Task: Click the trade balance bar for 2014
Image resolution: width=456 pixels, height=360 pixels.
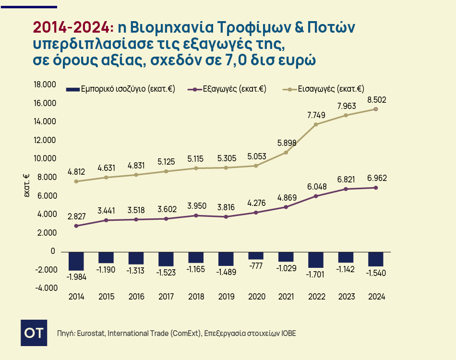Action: pyautogui.click(x=76, y=261)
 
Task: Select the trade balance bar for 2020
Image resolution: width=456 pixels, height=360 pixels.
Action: pyautogui.click(x=256, y=255)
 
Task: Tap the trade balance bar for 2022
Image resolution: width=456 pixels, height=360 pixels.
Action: pyautogui.click(x=316, y=260)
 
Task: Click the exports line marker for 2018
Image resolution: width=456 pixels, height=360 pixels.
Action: pyautogui.click(x=196, y=216)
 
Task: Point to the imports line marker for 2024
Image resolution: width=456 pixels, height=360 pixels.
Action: pyautogui.click(x=376, y=109)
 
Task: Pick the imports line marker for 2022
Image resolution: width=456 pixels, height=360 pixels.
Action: pyautogui.click(x=316, y=124)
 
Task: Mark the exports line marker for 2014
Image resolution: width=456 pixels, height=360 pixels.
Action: pyautogui.click(x=76, y=226)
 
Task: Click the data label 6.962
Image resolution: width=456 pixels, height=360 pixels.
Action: pyautogui.click(x=376, y=178)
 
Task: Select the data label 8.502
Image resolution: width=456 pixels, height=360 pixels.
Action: pyautogui.click(x=376, y=100)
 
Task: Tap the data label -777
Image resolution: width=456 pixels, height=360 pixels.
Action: pyautogui.click(x=256, y=267)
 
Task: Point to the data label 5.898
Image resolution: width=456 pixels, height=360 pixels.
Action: pyautogui.click(x=286, y=143)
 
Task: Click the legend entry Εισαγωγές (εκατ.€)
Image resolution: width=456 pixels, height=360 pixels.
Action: pyautogui.click(x=331, y=89)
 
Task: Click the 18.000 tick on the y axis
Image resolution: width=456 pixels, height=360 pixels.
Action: pyautogui.click(x=45, y=85)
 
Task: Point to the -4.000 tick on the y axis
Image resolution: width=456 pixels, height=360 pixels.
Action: pyautogui.click(x=45, y=288)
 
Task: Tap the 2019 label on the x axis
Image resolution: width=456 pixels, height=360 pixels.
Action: pyautogui.click(x=226, y=297)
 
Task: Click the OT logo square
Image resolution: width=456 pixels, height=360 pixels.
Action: pyautogui.click(x=34, y=333)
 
